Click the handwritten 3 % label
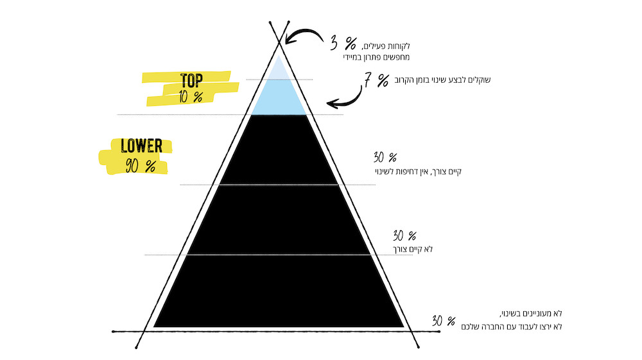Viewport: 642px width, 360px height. [343, 43]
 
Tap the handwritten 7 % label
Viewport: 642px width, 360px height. [376, 80]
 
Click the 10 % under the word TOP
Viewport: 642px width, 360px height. [191, 96]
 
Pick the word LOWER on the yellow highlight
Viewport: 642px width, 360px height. [141, 146]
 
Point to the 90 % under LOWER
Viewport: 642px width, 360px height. [141, 166]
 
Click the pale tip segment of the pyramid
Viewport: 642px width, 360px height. [279, 69]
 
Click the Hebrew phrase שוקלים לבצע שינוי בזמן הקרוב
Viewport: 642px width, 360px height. [442, 80]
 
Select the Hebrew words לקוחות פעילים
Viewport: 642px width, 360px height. [386, 46]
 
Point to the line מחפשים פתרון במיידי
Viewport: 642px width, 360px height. [376, 57]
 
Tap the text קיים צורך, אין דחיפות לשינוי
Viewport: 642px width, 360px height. [418, 171]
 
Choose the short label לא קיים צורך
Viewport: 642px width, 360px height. [413, 249]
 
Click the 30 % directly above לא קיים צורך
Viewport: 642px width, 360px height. [404, 236]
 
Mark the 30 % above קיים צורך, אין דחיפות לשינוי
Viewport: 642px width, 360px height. [385, 157]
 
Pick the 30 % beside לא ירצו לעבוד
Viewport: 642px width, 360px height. [444, 321]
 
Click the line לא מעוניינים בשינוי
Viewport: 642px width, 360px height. [531, 314]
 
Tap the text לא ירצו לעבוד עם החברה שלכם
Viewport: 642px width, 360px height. [512, 327]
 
